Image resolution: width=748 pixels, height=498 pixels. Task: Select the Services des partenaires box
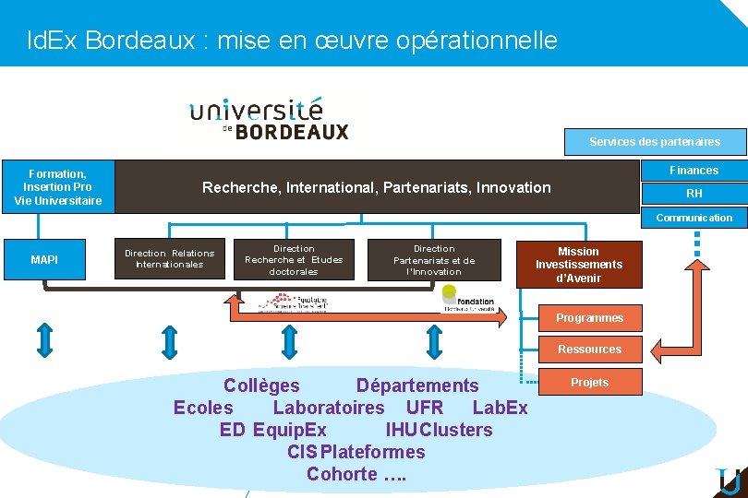[655, 141]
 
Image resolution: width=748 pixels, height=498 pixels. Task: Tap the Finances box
[694, 171]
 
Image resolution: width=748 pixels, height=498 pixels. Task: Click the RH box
[694, 194]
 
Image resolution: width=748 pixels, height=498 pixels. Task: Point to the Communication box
[694, 218]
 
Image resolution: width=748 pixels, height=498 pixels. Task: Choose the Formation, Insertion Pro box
[57, 187]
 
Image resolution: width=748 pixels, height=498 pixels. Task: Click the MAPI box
[44, 260]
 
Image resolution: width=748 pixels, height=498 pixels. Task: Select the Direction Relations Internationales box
[169, 259]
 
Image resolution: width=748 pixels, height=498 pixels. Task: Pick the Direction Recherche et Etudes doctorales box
[294, 260]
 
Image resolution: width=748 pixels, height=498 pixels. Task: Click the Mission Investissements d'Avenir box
[579, 265]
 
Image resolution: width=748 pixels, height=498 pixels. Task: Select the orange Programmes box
[589, 318]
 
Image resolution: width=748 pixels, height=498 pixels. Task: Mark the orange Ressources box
[589, 350]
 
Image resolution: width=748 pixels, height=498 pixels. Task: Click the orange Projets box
[589, 382]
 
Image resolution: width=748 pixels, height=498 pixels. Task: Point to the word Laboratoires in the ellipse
[329, 408]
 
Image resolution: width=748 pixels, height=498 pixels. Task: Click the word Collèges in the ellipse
[261, 385]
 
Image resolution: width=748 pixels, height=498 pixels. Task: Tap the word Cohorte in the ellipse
[342, 475]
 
